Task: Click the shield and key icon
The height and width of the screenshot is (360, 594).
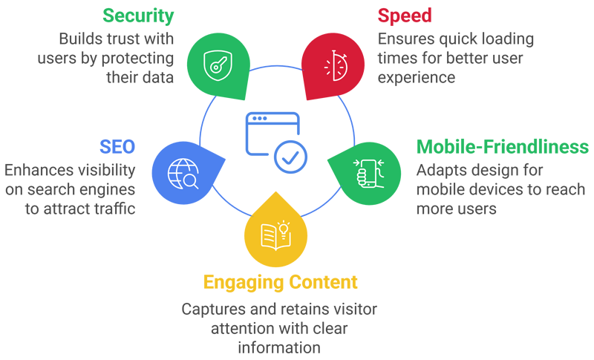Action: [217, 65]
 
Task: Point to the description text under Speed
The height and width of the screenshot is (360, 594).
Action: [446, 56]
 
